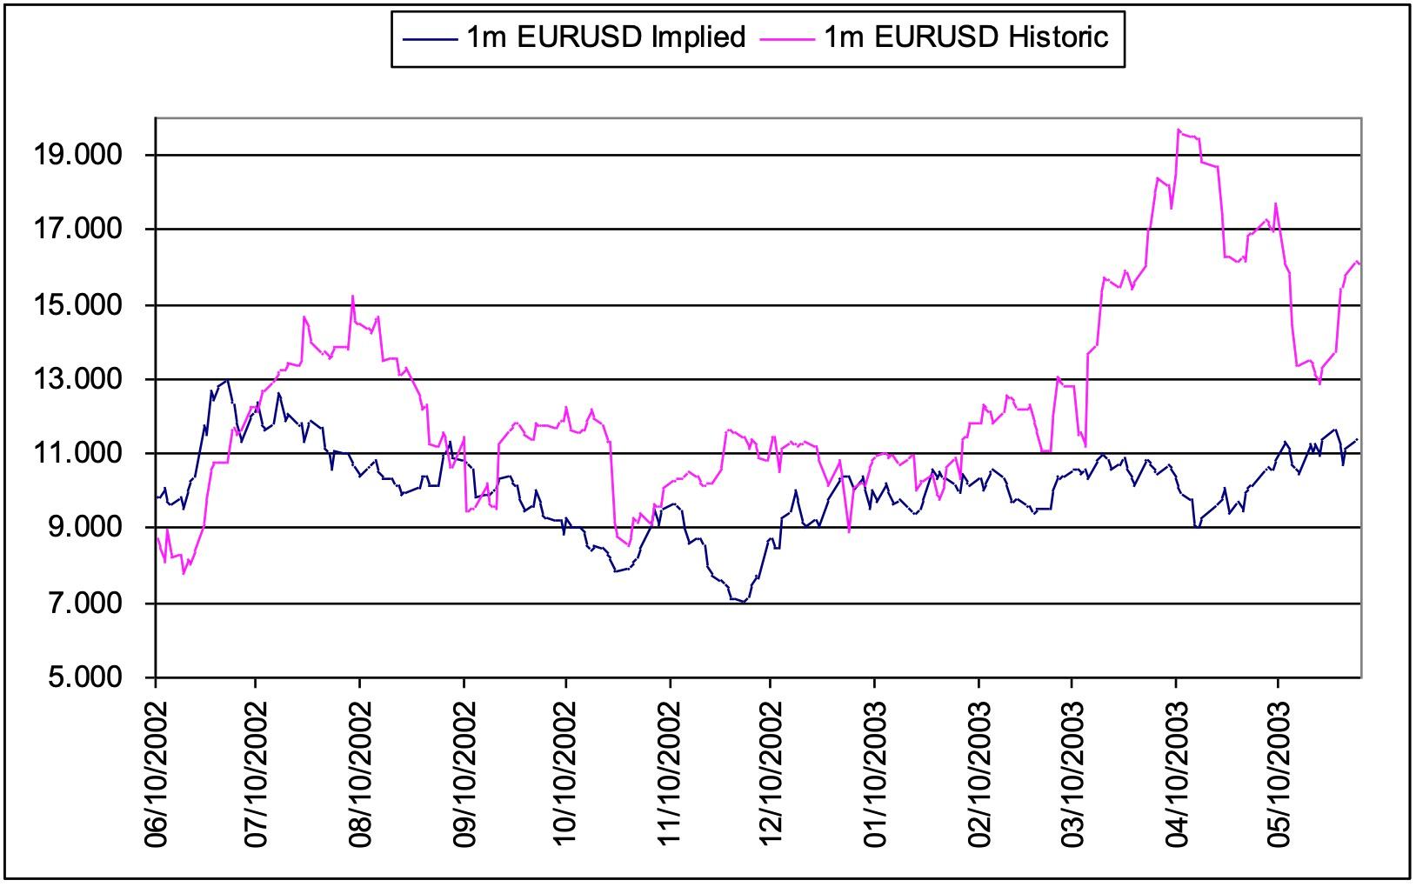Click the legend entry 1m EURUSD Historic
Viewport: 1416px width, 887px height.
coord(965,38)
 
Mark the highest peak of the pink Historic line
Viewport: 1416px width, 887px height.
coord(1179,130)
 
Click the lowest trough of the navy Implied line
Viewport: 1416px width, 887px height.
coord(744,602)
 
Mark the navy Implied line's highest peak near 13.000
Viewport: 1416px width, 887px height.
coord(228,379)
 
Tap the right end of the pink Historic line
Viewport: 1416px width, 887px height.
coord(1359,263)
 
